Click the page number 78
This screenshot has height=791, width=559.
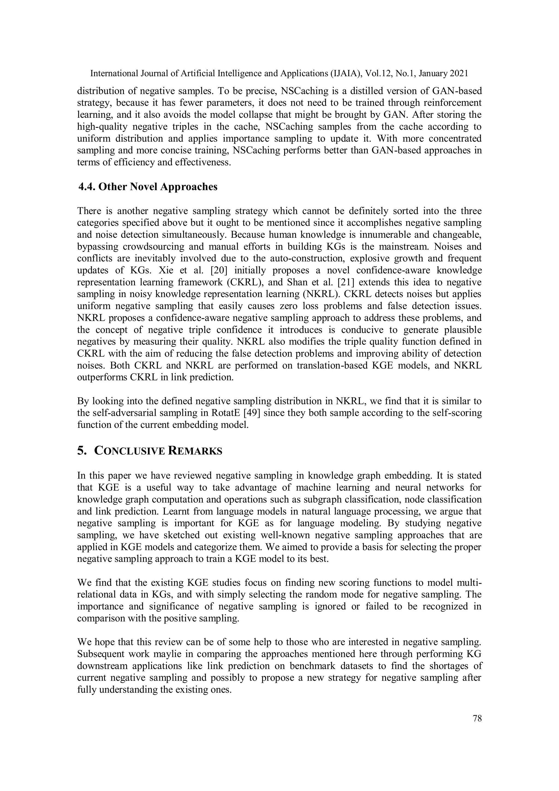click(477, 719)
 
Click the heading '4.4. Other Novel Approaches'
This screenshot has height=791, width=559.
click(148, 187)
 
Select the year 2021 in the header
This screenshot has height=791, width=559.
click(459, 73)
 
